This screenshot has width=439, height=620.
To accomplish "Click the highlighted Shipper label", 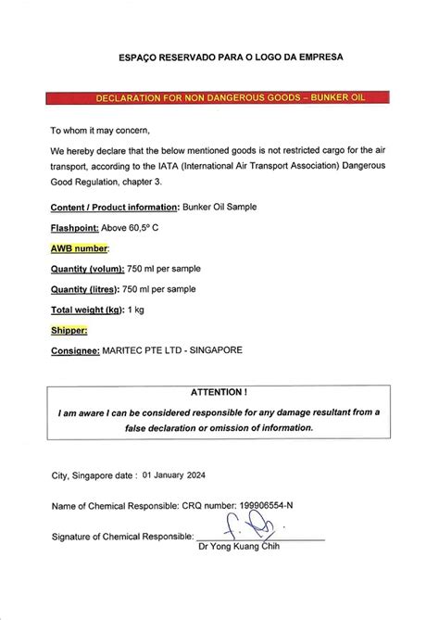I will point(69,329).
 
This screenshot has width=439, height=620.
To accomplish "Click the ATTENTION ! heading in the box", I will point(220,393).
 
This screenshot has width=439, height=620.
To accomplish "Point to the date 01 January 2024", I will point(174,474).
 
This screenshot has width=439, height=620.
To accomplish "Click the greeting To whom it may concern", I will point(99,130).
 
